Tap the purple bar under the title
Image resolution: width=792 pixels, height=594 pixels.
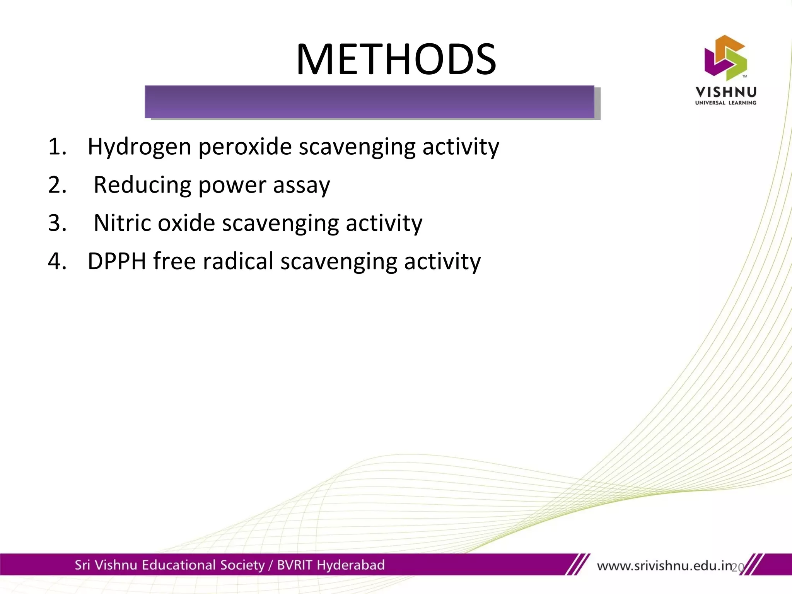click(x=369, y=102)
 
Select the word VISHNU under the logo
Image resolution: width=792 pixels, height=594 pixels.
click(x=726, y=92)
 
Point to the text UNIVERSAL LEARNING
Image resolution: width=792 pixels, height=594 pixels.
click(x=726, y=103)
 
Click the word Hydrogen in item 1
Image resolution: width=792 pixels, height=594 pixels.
click(x=139, y=147)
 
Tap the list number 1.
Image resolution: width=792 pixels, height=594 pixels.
click(x=57, y=147)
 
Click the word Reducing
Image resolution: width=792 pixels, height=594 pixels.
click(x=142, y=185)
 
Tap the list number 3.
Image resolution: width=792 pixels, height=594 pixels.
click(x=57, y=224)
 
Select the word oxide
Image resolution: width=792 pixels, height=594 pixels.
click(x=186, y=224)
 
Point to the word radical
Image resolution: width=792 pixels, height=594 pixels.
click(x=238, y=261)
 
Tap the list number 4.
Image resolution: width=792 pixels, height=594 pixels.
click(x=57, y=261)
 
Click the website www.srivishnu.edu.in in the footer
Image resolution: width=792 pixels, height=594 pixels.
click(x=664, y=566)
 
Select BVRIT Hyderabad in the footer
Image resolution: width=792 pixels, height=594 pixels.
click(x=331, y=565)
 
